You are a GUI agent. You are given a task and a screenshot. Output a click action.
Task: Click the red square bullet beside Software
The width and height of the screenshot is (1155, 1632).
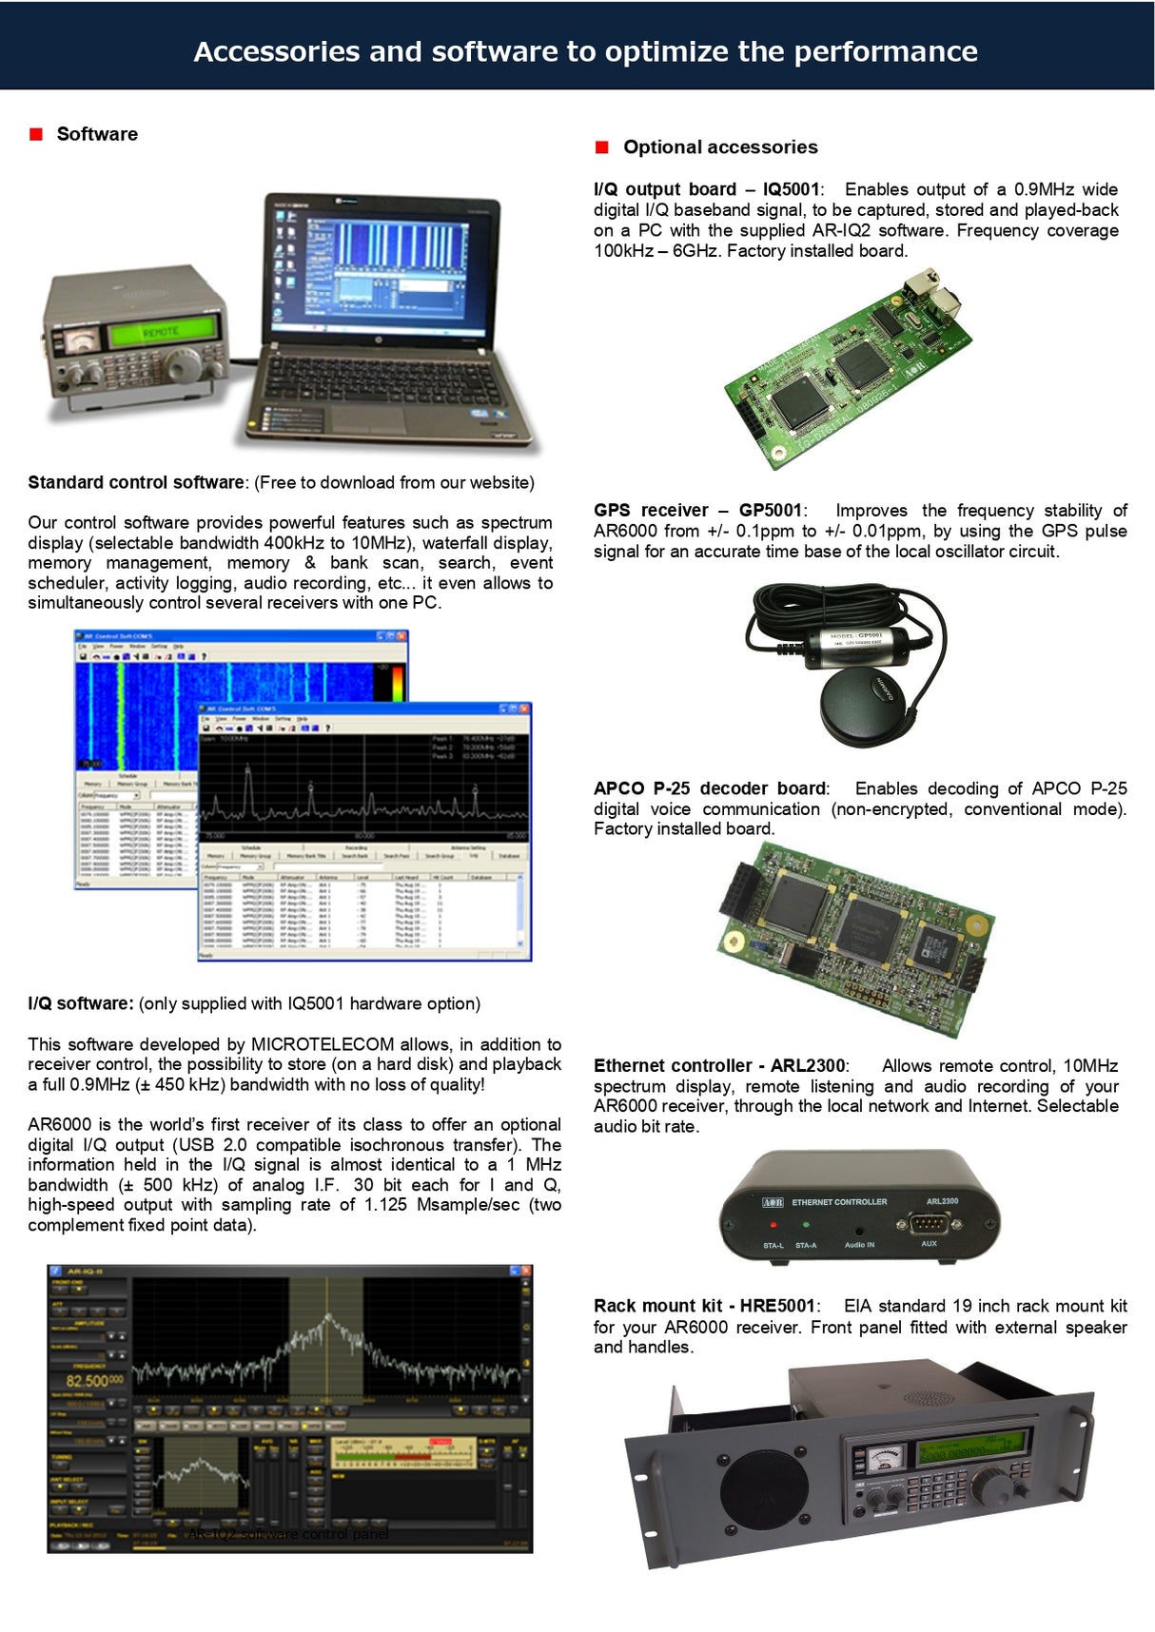pyautogui.click(x=36, y=134)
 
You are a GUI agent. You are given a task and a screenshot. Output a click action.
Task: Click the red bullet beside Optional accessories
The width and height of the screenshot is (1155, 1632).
pyautogui.click(x=601, y=146)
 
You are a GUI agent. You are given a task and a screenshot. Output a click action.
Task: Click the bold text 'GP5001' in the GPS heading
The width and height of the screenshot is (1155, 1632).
pyautogui.click(x=771, y=511)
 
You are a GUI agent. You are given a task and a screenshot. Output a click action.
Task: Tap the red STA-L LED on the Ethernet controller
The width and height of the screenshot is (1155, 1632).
pyautogui.click(x=773, y=1226)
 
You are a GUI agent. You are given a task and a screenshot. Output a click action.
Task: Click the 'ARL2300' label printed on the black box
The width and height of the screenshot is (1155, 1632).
pyautogui.click(x=942, y=1201)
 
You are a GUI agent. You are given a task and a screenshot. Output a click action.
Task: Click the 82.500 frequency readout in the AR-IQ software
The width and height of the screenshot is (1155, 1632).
pyautogui.click(x=93, y=1380)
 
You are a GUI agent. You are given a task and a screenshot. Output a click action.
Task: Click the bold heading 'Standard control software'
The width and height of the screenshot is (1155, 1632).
pyautogui.click(x=136, y=482)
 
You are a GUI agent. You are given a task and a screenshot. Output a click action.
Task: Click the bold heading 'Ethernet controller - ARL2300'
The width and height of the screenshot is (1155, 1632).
pyautogui.click(x=718, y=1065)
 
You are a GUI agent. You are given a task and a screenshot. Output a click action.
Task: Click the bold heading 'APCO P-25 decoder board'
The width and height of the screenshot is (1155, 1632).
pyautogui.click(x=710, y=788)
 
